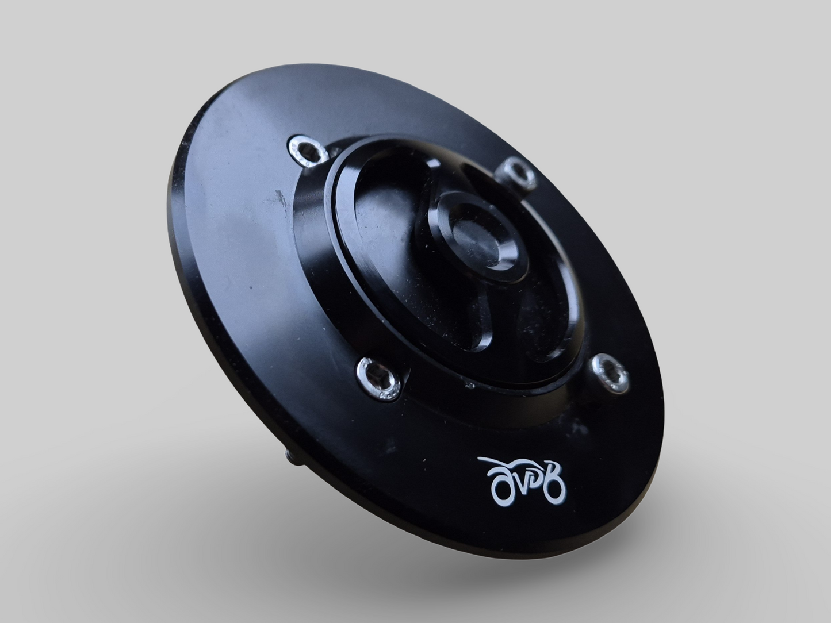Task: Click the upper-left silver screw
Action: (305, 149)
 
